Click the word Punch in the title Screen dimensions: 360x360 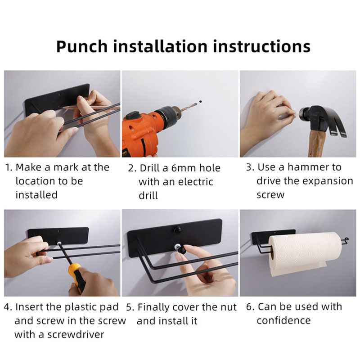click(82, 46)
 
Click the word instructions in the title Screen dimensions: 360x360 click(261, 46)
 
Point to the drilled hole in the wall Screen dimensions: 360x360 click(201, 101)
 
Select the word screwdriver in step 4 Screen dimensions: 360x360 click(76, 334)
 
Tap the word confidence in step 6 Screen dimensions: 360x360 click(283, 320)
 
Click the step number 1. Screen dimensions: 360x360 click(8, 167)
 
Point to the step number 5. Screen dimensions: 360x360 click(129, 307)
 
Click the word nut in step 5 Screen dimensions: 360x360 click(229, 308)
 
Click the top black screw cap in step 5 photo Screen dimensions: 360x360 click(176, 229)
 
